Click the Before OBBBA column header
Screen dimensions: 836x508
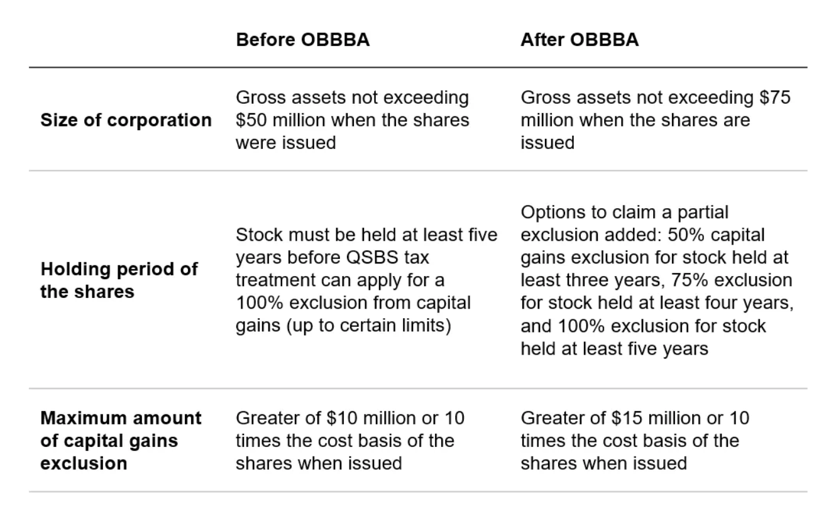pos(303,40)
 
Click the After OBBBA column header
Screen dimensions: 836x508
pos(580,40)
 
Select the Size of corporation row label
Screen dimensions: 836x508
pos(126,120)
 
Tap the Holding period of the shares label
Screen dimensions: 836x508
pos(119,280)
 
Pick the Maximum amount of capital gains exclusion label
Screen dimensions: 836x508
pos(121,441)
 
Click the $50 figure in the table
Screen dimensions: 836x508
pos(251,120)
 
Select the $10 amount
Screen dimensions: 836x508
pos(341,418)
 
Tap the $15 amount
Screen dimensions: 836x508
pos(627,418)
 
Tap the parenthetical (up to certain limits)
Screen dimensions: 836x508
pos(369,326)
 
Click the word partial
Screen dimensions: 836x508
pos(703,213)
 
